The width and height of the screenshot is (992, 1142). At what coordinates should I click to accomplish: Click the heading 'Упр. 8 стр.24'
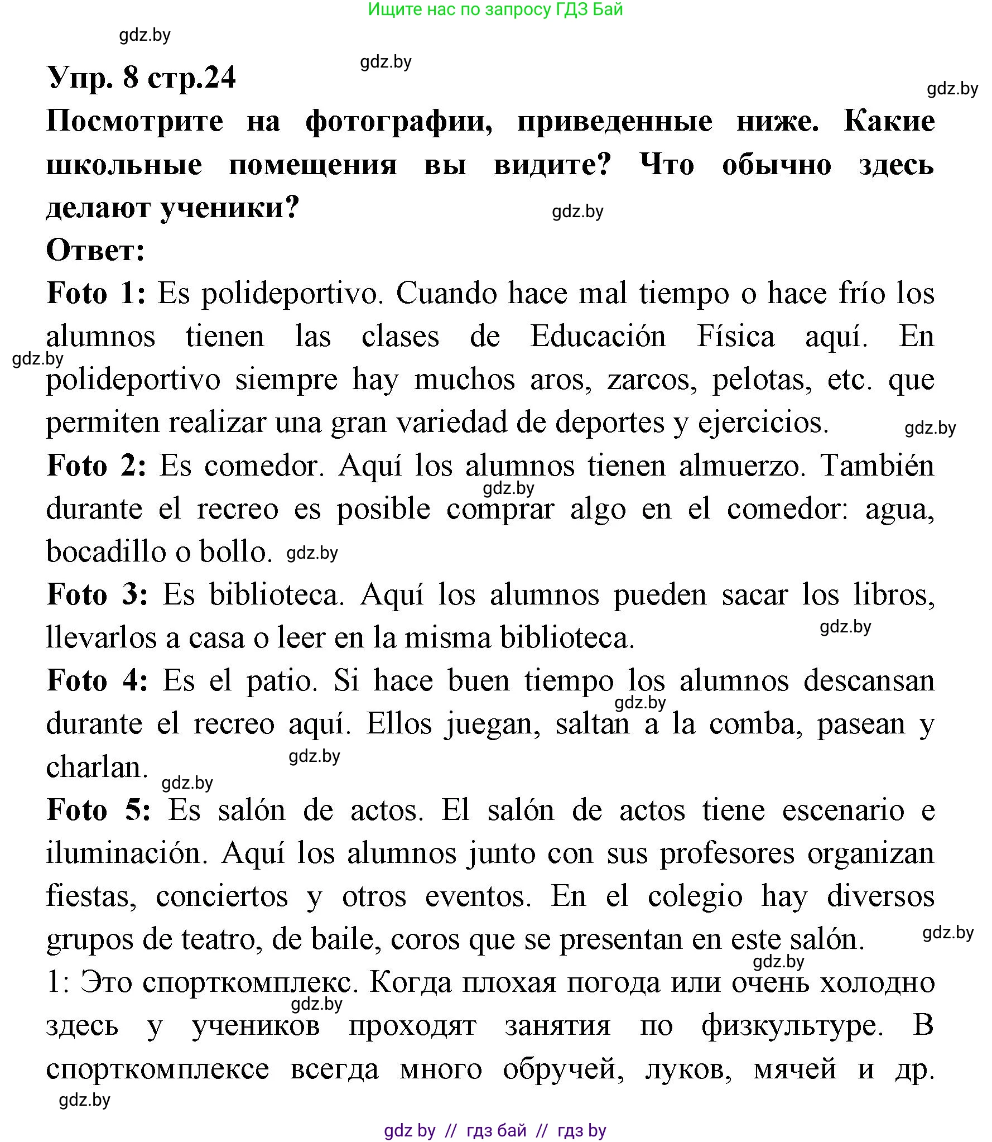coord(142,77)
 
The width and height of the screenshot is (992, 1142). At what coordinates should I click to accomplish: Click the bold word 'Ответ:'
coord(95,251)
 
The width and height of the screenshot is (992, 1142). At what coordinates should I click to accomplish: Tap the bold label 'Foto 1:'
coord(96,294)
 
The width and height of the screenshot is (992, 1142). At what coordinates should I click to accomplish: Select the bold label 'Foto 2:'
coord(97,466)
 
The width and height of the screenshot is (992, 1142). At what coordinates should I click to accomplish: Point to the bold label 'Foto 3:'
coord(98,595)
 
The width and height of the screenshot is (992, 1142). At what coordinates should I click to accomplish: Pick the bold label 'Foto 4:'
coord(98,682)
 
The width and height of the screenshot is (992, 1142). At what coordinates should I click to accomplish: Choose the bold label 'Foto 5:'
coord(99,810)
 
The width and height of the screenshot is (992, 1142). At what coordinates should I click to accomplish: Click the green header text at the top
coord(495,9)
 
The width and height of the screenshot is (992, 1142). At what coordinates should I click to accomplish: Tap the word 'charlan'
coord(96,767)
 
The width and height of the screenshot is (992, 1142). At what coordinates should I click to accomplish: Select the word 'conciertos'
coord(222,896)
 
